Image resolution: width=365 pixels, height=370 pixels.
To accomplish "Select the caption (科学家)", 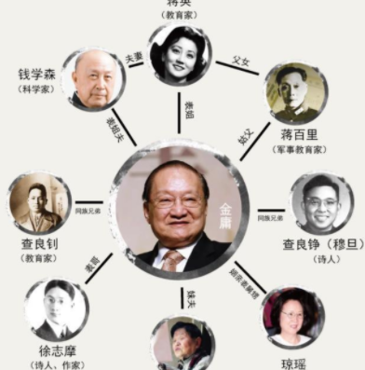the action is click(x=38, y=89).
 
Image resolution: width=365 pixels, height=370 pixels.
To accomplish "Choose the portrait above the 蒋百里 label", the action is click(x=295, y=94).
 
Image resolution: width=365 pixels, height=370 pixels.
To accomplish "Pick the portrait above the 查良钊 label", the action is click(x=41, y=202).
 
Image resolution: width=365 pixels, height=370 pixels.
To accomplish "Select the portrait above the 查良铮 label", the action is click(x=321, y=202).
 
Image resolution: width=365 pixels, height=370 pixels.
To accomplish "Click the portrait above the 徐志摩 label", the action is click(x=56, y=308).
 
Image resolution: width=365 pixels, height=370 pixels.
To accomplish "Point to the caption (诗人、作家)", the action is click(x=57, y=364).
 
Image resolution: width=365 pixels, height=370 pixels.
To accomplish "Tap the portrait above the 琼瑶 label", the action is click(x=292, y=317).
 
